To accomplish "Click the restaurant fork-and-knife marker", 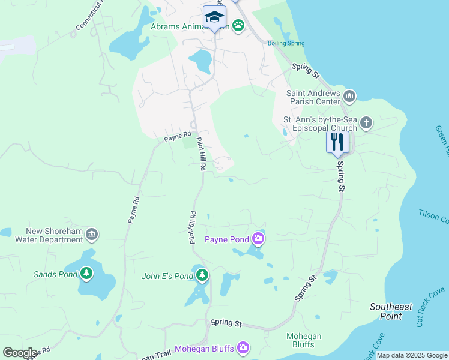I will [x=337, y=142].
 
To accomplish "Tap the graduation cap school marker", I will [x=214, y=17].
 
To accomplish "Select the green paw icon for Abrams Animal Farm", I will [x=239, y=25].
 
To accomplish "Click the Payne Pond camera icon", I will [x=258, y=239].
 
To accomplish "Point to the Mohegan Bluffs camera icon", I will [x=243, y=347].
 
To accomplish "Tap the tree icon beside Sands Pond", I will [x=87, y=274].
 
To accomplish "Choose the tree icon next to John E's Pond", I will [x=203, y=275].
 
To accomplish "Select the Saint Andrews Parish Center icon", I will [x=350, y=95].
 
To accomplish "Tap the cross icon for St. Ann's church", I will [x=366, y=124].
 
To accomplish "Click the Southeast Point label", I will [x=391, y=311].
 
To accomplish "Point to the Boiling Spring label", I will [x=287, y=43].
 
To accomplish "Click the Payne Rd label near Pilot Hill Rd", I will [x=178, y=137].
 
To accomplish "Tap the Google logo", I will [x=20, y=353].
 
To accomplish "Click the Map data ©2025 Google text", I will [x=412, y=356].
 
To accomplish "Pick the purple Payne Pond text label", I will [x=227, y=240].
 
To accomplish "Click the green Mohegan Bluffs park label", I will [x=304, y=340].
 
